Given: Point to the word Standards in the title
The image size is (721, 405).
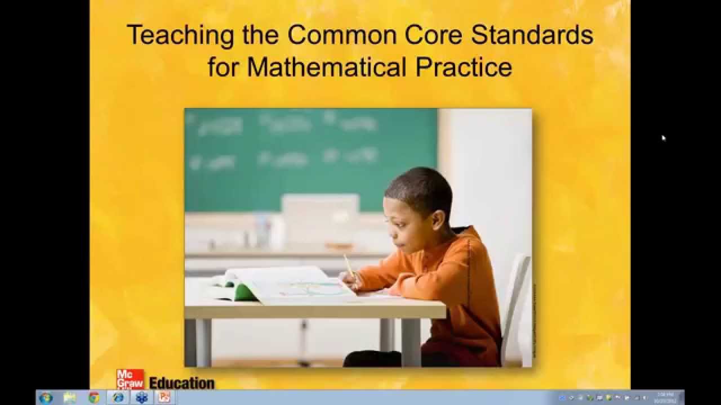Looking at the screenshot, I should [x=532, y=35].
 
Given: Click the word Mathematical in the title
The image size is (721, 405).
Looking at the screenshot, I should [x=326, y=67].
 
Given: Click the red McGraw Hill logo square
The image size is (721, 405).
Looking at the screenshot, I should [x=130, y=379].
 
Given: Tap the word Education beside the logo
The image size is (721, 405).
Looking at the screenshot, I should [x=181, y=383].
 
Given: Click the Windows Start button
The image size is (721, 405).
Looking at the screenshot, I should [x=46, y=398].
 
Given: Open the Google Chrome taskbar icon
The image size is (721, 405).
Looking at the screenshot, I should [x=94, y=398].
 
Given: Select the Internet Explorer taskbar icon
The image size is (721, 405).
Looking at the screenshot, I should [x=118, y=398].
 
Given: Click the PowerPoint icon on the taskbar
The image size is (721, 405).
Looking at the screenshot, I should [x=164, y=398].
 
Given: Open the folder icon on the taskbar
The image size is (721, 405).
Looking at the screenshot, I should [x=70, y=398].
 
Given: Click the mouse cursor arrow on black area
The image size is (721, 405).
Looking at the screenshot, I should [x=664, y=137].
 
